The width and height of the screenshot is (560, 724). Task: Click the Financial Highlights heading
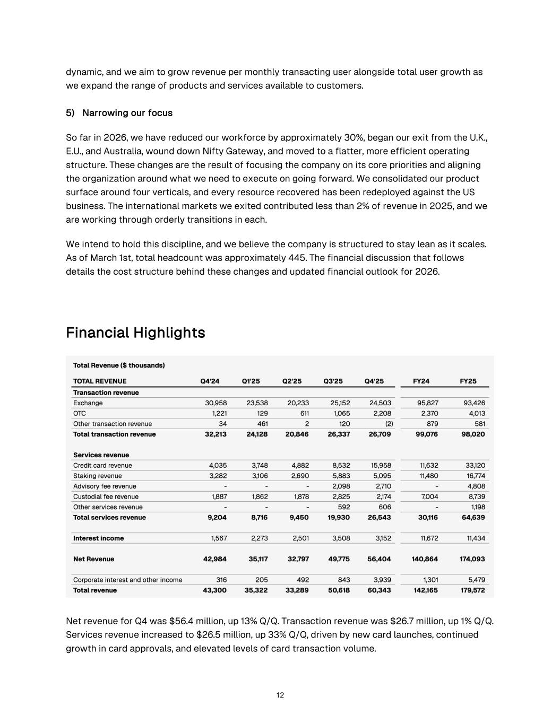[x=135, y=333]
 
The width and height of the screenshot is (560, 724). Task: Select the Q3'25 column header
[x=333, y=381]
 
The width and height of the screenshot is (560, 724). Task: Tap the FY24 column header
[x=421, y=381]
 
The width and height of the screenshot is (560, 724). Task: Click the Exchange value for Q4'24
[x=216, y=403]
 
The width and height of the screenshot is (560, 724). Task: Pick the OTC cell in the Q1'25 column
[x=261, y=413]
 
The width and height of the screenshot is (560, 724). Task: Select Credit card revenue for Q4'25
[x=381, y=465]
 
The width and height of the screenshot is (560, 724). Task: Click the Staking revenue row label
[x=97, y=476]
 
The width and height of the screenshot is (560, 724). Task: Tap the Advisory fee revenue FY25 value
[x=476, y=486]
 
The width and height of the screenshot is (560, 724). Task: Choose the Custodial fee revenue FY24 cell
[x=428, y=496]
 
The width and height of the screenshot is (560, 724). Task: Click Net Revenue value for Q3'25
[x=339, y=559]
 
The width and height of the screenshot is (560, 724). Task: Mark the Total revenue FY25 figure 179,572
[x=472, y=590]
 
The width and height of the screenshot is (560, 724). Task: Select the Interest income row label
[x=98, y=538]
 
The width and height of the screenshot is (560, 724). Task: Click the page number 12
[x=280, y=695]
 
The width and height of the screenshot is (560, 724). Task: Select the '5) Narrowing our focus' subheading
[x=119, y=113]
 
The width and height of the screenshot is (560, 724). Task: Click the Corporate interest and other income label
[x=127, y=580]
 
